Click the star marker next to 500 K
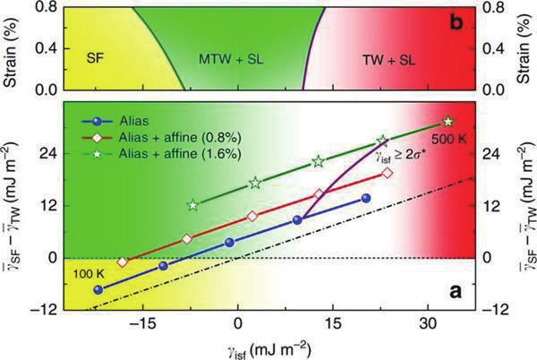pos(448,121)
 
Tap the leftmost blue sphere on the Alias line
pos(98,289)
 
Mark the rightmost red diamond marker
pos(387,173)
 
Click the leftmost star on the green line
pos(192,205)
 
